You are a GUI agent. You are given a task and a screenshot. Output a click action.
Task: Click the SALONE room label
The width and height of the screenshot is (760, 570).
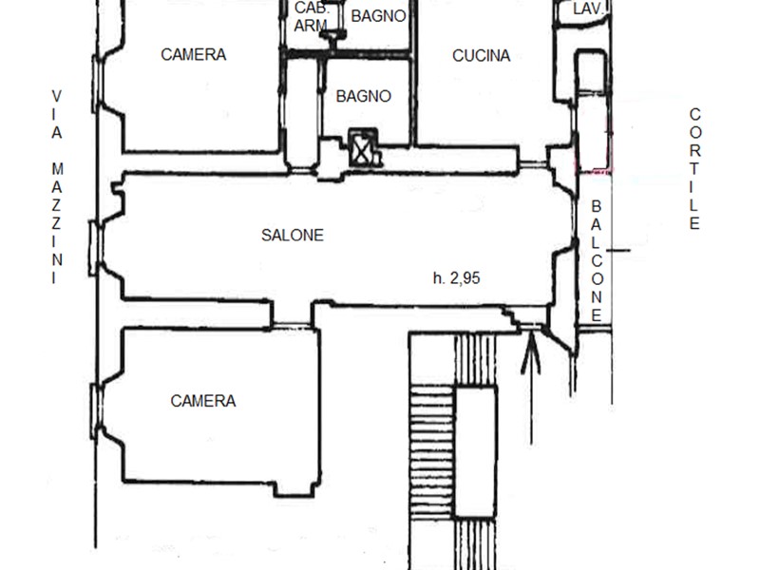click(293, 235)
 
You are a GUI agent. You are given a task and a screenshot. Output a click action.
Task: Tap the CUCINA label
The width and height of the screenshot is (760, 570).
click(482, 56)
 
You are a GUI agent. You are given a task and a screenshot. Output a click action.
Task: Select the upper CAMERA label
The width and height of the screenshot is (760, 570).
click(194, 54)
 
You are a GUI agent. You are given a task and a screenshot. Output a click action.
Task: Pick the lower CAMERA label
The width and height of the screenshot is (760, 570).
click(203, 401)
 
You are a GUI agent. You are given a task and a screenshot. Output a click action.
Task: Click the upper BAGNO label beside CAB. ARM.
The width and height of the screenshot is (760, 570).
click(378, 16)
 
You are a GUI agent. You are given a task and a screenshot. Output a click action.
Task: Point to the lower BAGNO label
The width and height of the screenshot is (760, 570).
click(364, 96)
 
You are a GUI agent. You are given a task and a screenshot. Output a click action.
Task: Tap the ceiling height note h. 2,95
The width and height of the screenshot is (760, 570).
click(457, 277)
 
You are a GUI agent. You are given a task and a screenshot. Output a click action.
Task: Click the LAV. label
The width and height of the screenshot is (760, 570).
click(588, 9)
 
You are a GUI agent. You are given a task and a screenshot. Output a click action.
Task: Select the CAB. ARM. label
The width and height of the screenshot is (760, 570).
click(312, 16)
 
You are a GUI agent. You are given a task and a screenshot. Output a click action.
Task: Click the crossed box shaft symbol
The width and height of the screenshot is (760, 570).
click(363, 148)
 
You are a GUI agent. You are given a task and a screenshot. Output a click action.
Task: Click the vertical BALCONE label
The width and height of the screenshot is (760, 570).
click(597, 261)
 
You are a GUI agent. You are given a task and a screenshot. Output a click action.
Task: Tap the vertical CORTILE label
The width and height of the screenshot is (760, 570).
click(694, 169)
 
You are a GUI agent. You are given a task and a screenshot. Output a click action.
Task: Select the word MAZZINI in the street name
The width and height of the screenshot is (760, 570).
click(57, 223)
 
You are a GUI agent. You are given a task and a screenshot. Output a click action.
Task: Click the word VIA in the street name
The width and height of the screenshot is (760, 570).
click(57, 114)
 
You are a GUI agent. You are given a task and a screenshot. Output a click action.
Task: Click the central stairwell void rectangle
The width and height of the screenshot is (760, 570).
click(476, 452)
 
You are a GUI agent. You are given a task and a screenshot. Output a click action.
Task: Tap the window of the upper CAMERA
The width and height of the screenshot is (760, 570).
click(98, 84)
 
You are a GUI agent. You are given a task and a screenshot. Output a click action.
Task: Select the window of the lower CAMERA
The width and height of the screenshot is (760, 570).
click(98, 411)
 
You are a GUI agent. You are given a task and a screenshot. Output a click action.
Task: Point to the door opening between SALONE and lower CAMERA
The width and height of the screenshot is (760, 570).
click(292, 324)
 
